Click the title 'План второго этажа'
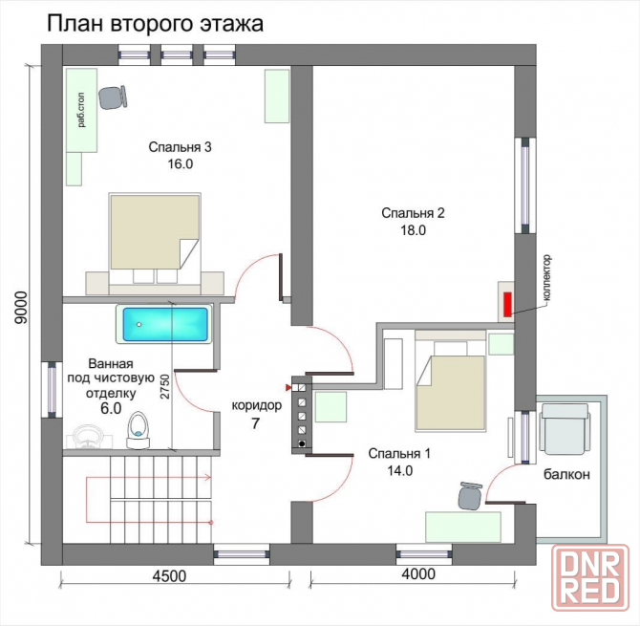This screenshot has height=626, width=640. click(154, 24)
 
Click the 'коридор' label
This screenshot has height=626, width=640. click(256, 405)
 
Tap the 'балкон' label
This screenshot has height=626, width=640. click(567, 474)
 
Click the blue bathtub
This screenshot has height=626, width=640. click(163, 325)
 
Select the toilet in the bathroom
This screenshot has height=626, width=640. click(139, 429)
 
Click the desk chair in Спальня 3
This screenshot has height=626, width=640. click(115, 97)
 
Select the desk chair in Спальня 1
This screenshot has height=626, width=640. click(468, 495)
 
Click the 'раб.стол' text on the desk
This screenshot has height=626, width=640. click(83, 110)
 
